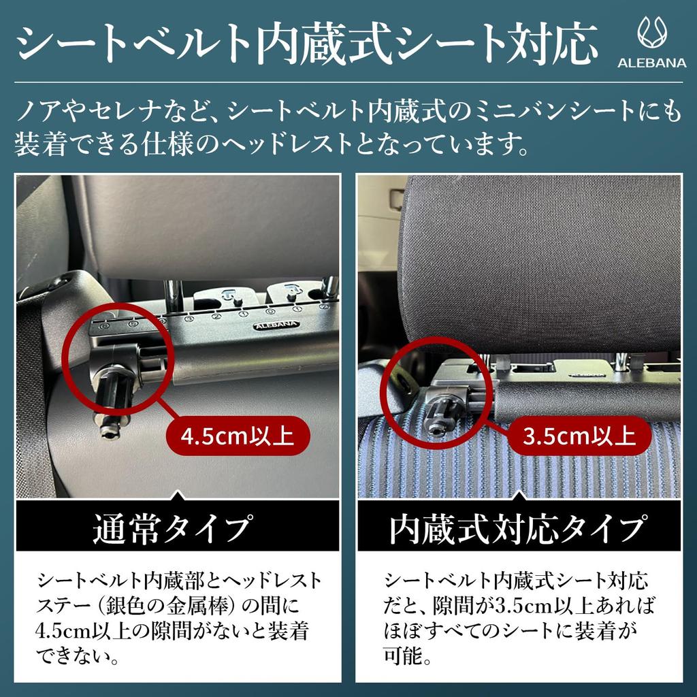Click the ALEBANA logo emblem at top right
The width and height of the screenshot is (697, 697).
click(652, 33)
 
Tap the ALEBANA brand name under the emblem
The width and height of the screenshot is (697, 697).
click(652, 63)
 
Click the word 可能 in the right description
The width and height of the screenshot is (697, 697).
click(408, 656)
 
